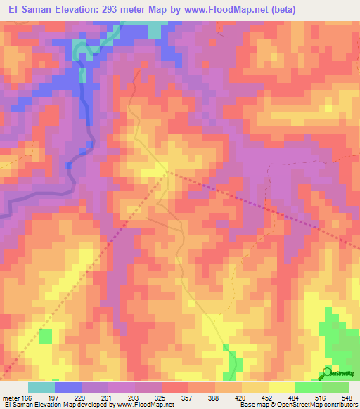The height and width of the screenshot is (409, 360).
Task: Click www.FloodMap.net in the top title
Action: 215,10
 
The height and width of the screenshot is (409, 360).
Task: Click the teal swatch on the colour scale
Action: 41,387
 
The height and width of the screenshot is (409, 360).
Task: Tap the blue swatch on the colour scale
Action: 68,387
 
